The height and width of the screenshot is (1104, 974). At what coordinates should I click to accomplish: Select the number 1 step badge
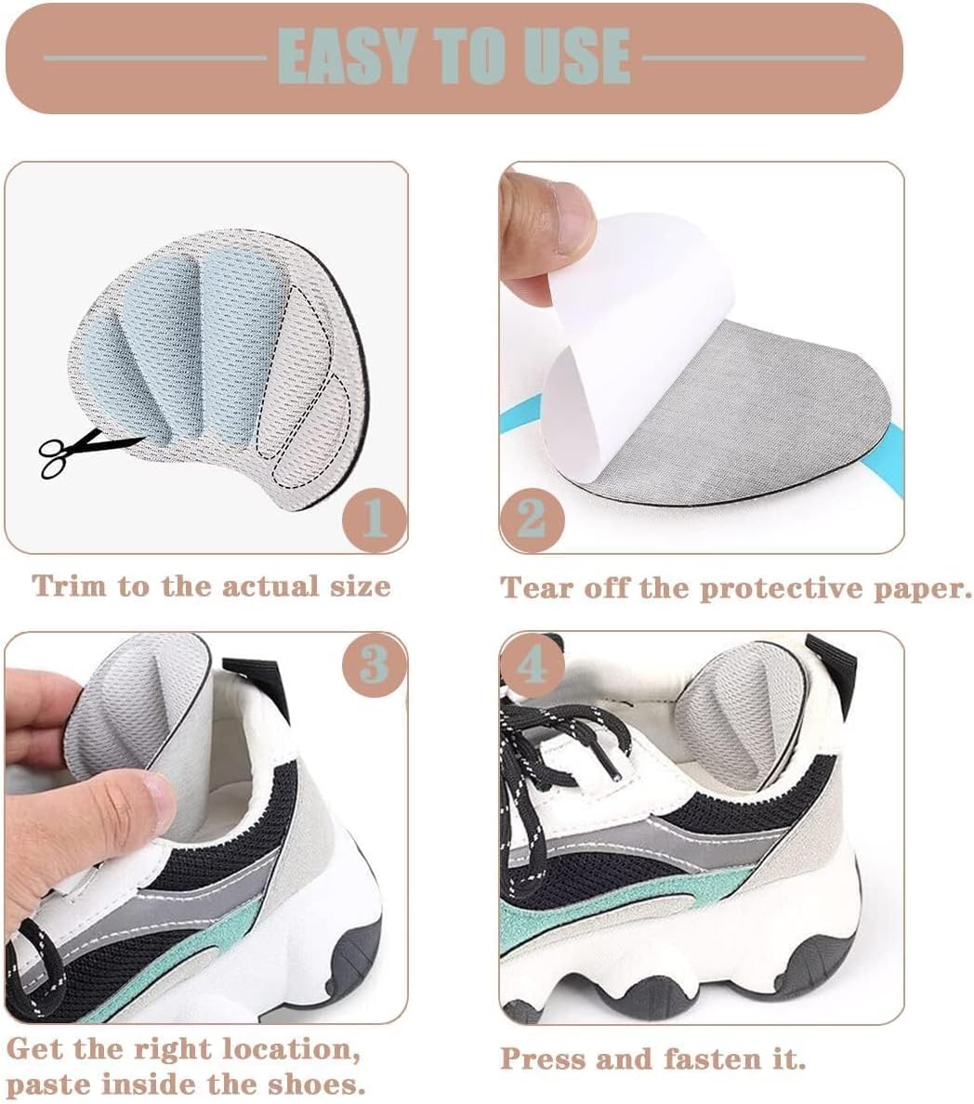[x=374, y=519]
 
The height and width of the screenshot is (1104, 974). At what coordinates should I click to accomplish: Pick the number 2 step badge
[x=532, y=519]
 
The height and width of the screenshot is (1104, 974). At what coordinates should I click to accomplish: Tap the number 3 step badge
[x=374, y=664]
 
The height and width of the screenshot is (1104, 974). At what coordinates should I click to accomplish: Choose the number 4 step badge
[x=532, y=664]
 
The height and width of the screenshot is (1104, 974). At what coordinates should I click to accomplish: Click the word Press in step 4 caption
[x=542, y=1059]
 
